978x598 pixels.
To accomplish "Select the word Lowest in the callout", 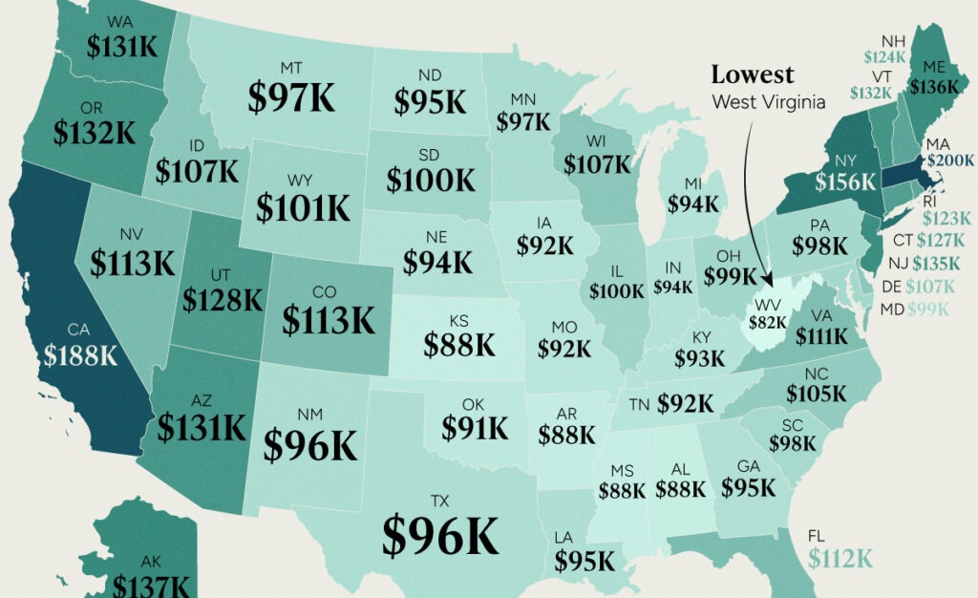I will point(752,75).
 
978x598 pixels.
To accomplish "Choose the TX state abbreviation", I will point(439,500).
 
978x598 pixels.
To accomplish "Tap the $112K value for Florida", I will point(840,558).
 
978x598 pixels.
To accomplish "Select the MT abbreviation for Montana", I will point(291,68).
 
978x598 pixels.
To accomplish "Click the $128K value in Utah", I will point(223,300).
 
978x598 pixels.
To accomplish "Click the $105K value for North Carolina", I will point(816,393).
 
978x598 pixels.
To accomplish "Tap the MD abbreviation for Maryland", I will point(893,309).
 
